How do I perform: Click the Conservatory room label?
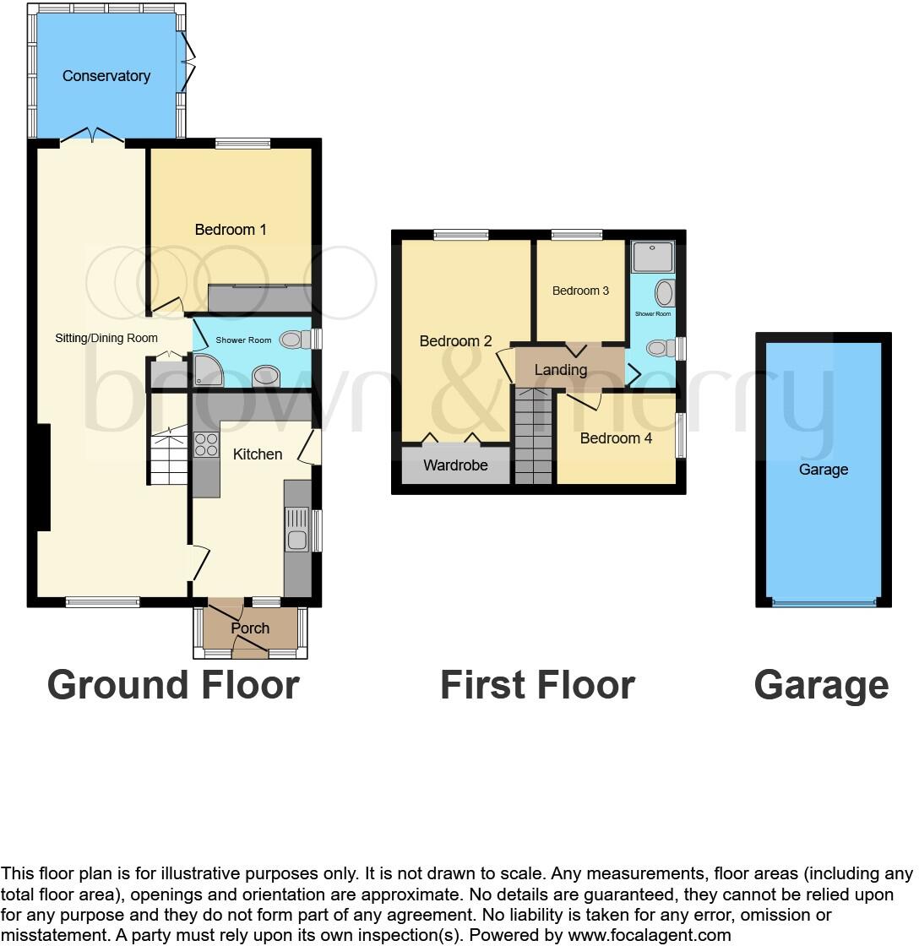tap(106, 76)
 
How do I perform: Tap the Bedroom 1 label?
tap(231, 230)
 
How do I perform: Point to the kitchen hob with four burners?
tap(206, 445)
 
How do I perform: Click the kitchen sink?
tap(296, 530)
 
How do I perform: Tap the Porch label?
tap(250, 628)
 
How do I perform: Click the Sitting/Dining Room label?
tap(107, 339)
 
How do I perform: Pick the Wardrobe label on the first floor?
tap(455, 465)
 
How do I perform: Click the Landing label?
tap(561, 370)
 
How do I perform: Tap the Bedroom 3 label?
tap(580, 291)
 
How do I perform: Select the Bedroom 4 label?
tap(616, 438)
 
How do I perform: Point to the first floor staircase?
tap(533, 436)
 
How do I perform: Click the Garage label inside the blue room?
tap(824, 470)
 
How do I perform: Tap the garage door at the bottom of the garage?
tap(824, 602)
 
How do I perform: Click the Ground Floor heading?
tap(173, 684)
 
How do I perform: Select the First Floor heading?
tap(537, 684)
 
